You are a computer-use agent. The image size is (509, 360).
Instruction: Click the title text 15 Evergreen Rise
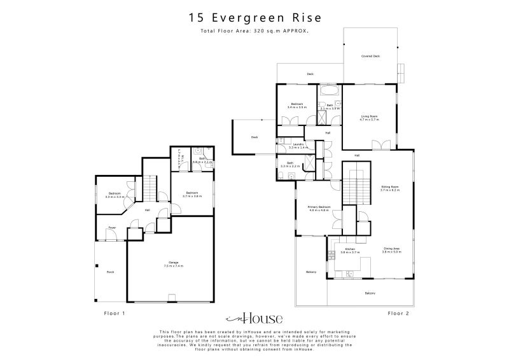coord(254,18)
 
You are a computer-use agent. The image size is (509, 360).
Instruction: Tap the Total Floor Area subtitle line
coord(254,31)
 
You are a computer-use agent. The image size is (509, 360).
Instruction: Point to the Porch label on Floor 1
coord(110,272)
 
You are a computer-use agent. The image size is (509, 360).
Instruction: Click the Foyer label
coord(111,226)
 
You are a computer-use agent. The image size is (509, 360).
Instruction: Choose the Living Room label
coord(369,116)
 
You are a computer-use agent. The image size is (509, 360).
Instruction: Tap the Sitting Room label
coord(389,187)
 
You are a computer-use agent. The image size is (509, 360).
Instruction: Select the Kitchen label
coord(350,249)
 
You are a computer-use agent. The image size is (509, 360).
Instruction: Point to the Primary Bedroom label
coord(319,207)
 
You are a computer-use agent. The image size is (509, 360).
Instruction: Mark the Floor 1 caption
coord(115,313)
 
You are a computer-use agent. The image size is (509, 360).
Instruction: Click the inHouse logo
coord(254,318)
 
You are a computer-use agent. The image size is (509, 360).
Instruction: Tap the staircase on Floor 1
coord(149,188)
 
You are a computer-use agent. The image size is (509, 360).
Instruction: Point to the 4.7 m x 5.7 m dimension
coord(369,120)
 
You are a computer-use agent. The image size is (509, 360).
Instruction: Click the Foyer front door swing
coord(110,237)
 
